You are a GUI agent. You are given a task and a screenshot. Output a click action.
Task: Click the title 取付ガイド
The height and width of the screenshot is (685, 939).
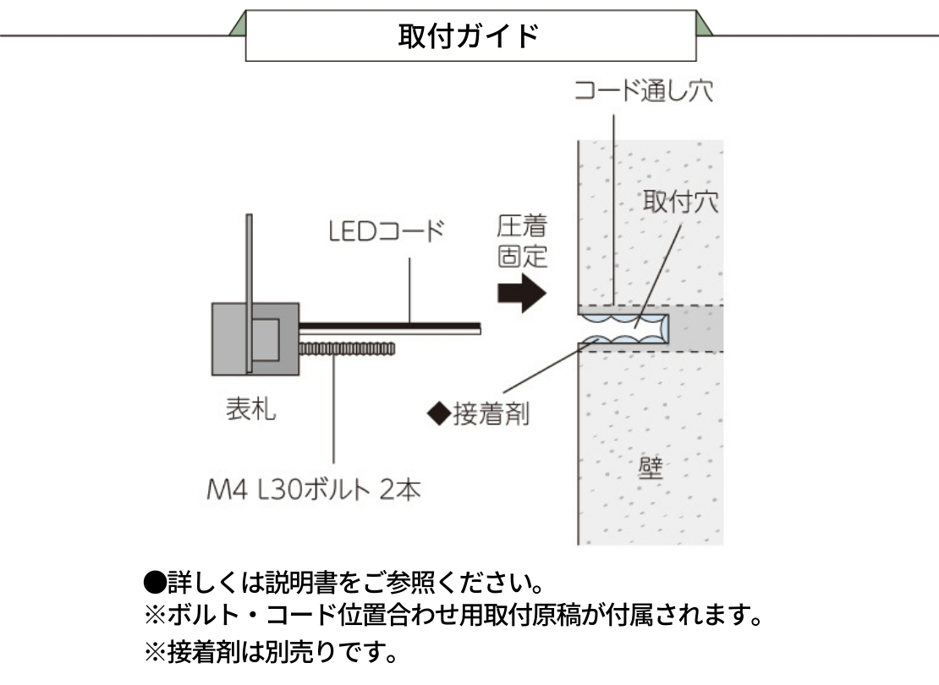(x=469, y=36)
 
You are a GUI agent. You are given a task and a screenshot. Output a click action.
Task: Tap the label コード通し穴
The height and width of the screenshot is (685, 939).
(x=643, y=90)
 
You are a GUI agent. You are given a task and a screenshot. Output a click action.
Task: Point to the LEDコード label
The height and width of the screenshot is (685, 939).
(x=386, y=231)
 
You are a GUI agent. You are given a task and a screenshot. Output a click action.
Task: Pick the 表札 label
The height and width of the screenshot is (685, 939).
(x=250, y=410)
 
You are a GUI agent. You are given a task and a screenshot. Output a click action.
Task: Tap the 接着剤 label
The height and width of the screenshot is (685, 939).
(x=491, y=414)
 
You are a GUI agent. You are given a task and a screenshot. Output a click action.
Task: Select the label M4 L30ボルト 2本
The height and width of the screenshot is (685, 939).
(x=314, y=490)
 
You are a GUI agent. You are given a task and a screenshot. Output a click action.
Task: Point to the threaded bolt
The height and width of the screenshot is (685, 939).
(x=347, y=348)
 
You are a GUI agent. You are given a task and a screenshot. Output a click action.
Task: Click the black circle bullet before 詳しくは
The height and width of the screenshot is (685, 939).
(x=153, y=583)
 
